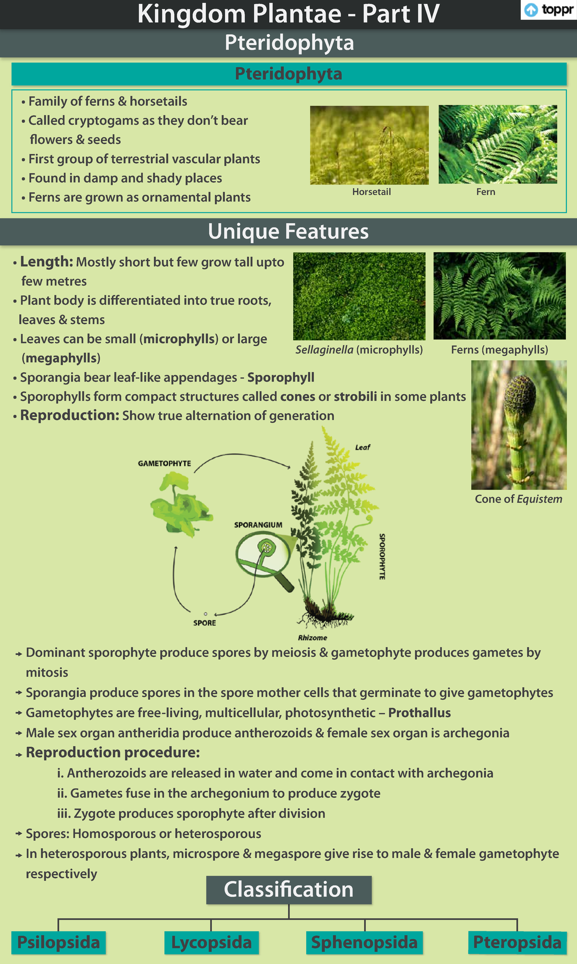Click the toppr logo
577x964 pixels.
coord(548,10)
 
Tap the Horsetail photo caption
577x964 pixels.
coord(371,192)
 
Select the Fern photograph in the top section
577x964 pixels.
coord(498,145)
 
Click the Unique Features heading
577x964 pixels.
coord(288,232)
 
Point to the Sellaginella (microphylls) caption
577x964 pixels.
coord(359,350)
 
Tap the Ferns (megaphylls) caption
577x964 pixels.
coord(499,350)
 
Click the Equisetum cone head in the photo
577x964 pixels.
coord(521,396)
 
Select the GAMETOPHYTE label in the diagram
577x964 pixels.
coord(164,464)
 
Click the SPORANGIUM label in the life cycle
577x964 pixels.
coord(258,525)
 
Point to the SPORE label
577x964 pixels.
coord(204,623)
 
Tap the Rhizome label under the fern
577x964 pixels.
coord(313,638)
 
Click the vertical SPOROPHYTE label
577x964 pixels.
coord(382,556)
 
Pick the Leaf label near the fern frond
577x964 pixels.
coord(363,447)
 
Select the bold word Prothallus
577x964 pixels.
coord(419,713)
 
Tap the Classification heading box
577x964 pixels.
coord(288,890)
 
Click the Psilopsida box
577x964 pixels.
coord(59,942)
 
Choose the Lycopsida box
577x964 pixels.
coord(212,942)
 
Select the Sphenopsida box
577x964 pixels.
coord(364,942)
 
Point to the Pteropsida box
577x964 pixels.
coord(517,942)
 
